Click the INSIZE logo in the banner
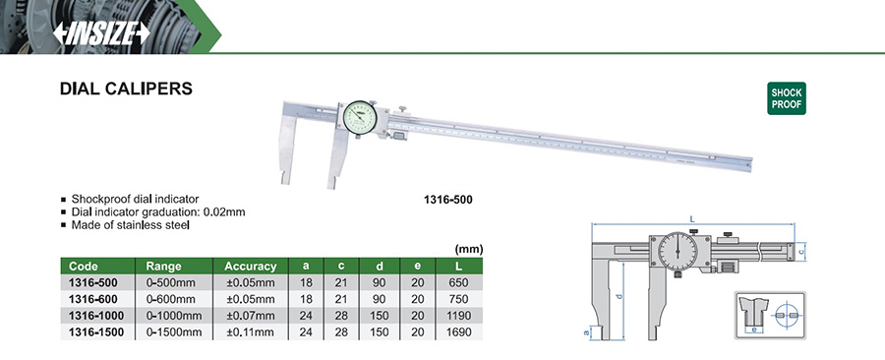tap(101, 33)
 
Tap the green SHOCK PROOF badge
tap(787, 98)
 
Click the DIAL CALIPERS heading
tap(126, 89)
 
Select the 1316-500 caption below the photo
tap(448, 200)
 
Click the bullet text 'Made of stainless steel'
tap(131, 224)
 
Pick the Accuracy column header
tap(251, 267)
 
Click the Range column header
tap(163, 267)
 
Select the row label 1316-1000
tap(95, 316)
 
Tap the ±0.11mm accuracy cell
tap(251, 332)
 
